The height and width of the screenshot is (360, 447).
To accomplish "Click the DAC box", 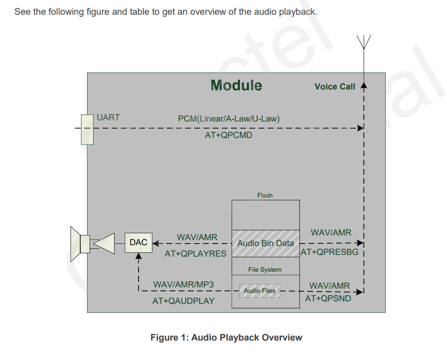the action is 139,243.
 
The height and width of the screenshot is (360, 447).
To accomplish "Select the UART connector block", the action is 87,130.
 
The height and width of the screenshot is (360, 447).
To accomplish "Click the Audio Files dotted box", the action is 260,291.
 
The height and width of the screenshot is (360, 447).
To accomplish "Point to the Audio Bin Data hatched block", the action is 266,244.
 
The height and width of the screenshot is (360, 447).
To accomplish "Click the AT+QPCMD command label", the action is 229,135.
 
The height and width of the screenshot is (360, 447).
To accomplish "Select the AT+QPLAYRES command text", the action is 196,254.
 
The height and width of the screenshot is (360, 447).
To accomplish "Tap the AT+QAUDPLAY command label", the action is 183,301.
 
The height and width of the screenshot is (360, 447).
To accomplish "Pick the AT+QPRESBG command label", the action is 330,252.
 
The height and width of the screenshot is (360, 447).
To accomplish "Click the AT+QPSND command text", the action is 328,298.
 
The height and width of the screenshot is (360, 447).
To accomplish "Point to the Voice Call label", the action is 335,87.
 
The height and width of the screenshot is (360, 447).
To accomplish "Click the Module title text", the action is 236,85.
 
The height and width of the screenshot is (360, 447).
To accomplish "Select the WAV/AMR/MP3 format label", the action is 184,284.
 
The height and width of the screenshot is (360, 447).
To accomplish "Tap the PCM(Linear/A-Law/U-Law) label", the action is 229,119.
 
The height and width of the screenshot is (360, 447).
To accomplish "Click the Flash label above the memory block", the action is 265,195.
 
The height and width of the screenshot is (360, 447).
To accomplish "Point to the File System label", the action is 265,270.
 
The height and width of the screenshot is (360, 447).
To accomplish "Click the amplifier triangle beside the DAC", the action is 104,244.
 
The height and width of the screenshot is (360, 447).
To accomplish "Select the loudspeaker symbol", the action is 80,244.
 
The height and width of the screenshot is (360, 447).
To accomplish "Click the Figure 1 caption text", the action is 226,338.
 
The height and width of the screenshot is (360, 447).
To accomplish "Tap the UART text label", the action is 108,117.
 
